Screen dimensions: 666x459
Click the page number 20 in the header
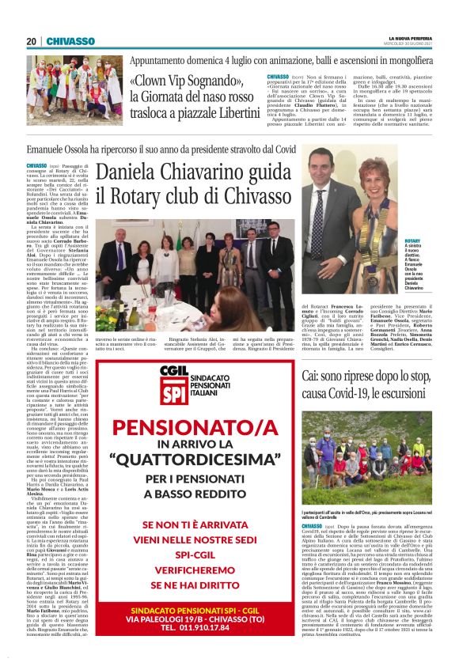pos(32,41)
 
